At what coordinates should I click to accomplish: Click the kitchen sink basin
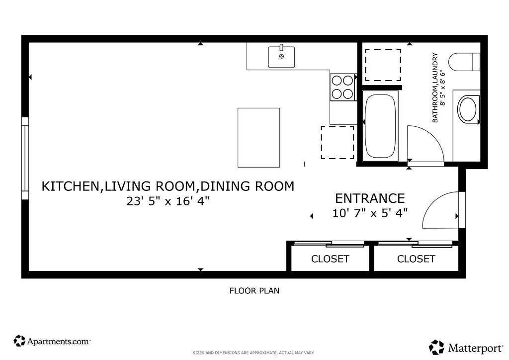point(281,57)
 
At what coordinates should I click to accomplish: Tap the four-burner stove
point(342,87)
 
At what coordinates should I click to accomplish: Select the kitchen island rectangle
point(258,138)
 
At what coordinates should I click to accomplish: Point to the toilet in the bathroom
point(464,61)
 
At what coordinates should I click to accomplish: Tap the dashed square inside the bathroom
point(383,65)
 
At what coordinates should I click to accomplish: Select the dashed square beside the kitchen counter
point(338,143)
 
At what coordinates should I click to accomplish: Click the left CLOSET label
point(330,259)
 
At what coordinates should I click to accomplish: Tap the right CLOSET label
point(416,259)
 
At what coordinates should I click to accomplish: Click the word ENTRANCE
point(370,198)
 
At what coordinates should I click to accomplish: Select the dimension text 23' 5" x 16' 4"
point(168,201)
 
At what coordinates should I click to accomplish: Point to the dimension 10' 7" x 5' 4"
point(370,213)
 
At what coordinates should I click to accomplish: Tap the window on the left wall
point(25,158)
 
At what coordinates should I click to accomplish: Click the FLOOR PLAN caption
point(254,290)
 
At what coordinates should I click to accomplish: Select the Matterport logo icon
point(437,348)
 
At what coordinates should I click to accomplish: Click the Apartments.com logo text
point(59,341)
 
